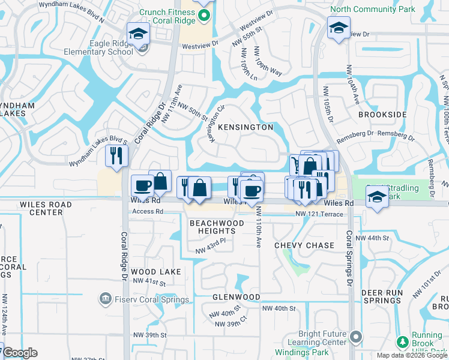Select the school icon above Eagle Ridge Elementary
138,34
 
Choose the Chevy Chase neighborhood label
304,245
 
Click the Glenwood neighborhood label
236,297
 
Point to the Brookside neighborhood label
382,115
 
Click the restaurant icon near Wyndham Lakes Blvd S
115,155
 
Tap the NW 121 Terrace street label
319,214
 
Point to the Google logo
20,353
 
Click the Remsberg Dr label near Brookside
359,133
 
